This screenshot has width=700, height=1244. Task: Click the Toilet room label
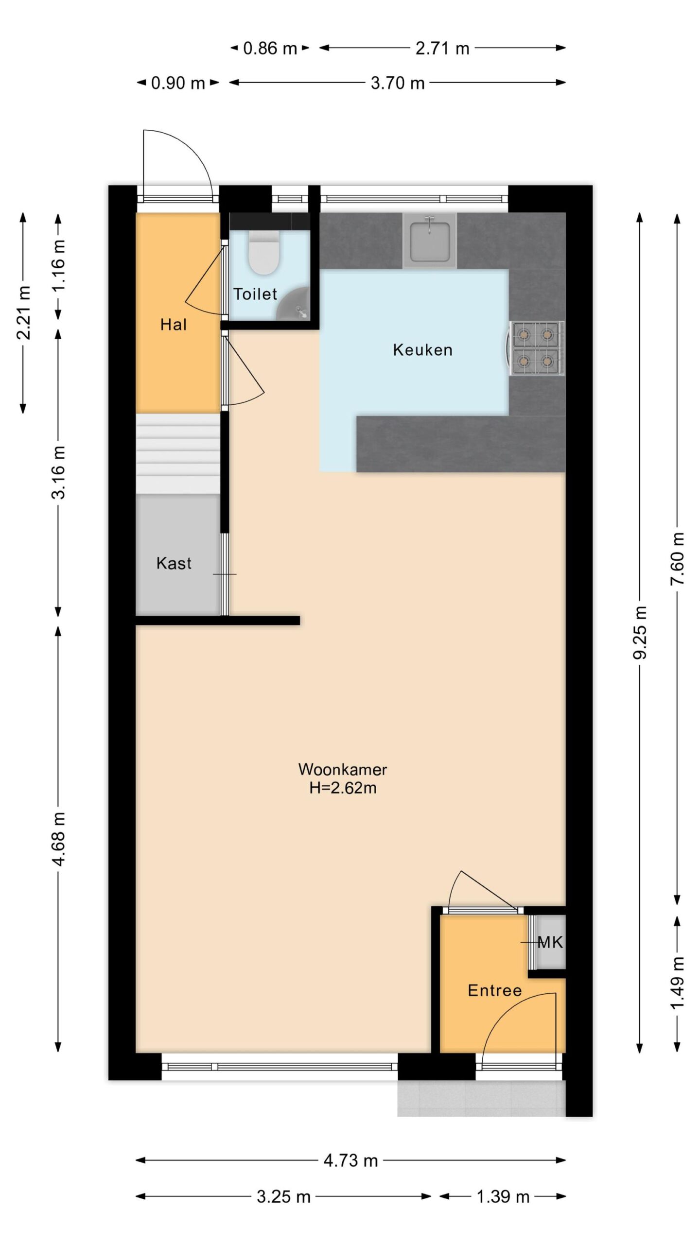[x=255, y=294]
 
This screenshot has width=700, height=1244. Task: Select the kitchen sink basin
[x=430, y=241]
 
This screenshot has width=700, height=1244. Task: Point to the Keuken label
[x=422, y=350]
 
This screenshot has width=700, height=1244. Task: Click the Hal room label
[x=174, y=325]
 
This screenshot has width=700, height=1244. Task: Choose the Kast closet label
[x=174, y=563]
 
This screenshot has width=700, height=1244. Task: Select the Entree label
[x=494, y=990]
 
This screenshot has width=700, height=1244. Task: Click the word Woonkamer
[x=343, y=769]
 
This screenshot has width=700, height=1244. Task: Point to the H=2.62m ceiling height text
[x=343, y=788]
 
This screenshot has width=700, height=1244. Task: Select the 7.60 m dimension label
[x=677, y=558]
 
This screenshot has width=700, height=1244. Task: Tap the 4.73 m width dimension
[x=350, y=1161]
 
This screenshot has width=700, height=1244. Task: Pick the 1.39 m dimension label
[x=503, y=1196]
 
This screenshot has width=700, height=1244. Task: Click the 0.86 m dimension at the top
[x=270, y=48]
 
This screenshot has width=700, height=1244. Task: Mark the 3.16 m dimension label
[x=58, y=472]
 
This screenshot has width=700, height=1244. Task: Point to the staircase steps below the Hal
[x=178, y=453]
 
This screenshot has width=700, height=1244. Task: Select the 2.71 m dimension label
[x=442, y=48]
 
